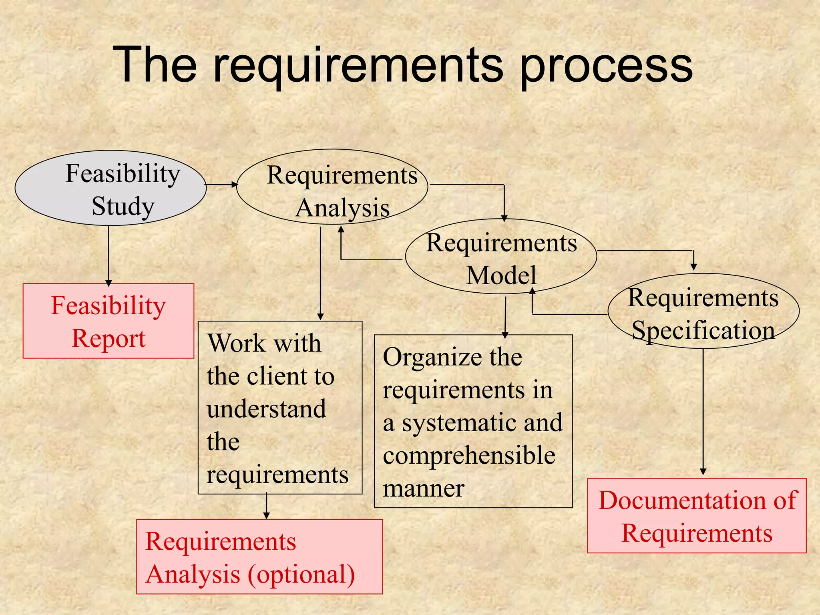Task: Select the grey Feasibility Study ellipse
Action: (110, 188)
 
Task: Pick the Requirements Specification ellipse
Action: (703, 312)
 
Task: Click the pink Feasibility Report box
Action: (108, 321)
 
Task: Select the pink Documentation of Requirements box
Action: (697, 516)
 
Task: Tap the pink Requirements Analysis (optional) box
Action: (259, 557)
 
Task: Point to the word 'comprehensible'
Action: (469, 456)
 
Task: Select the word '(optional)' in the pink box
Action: (301, 574)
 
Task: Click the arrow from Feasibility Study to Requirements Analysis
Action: (221, 185)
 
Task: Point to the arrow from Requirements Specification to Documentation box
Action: (703, 412)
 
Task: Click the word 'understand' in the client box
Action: (267, 409)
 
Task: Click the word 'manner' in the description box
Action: (423, 488)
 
